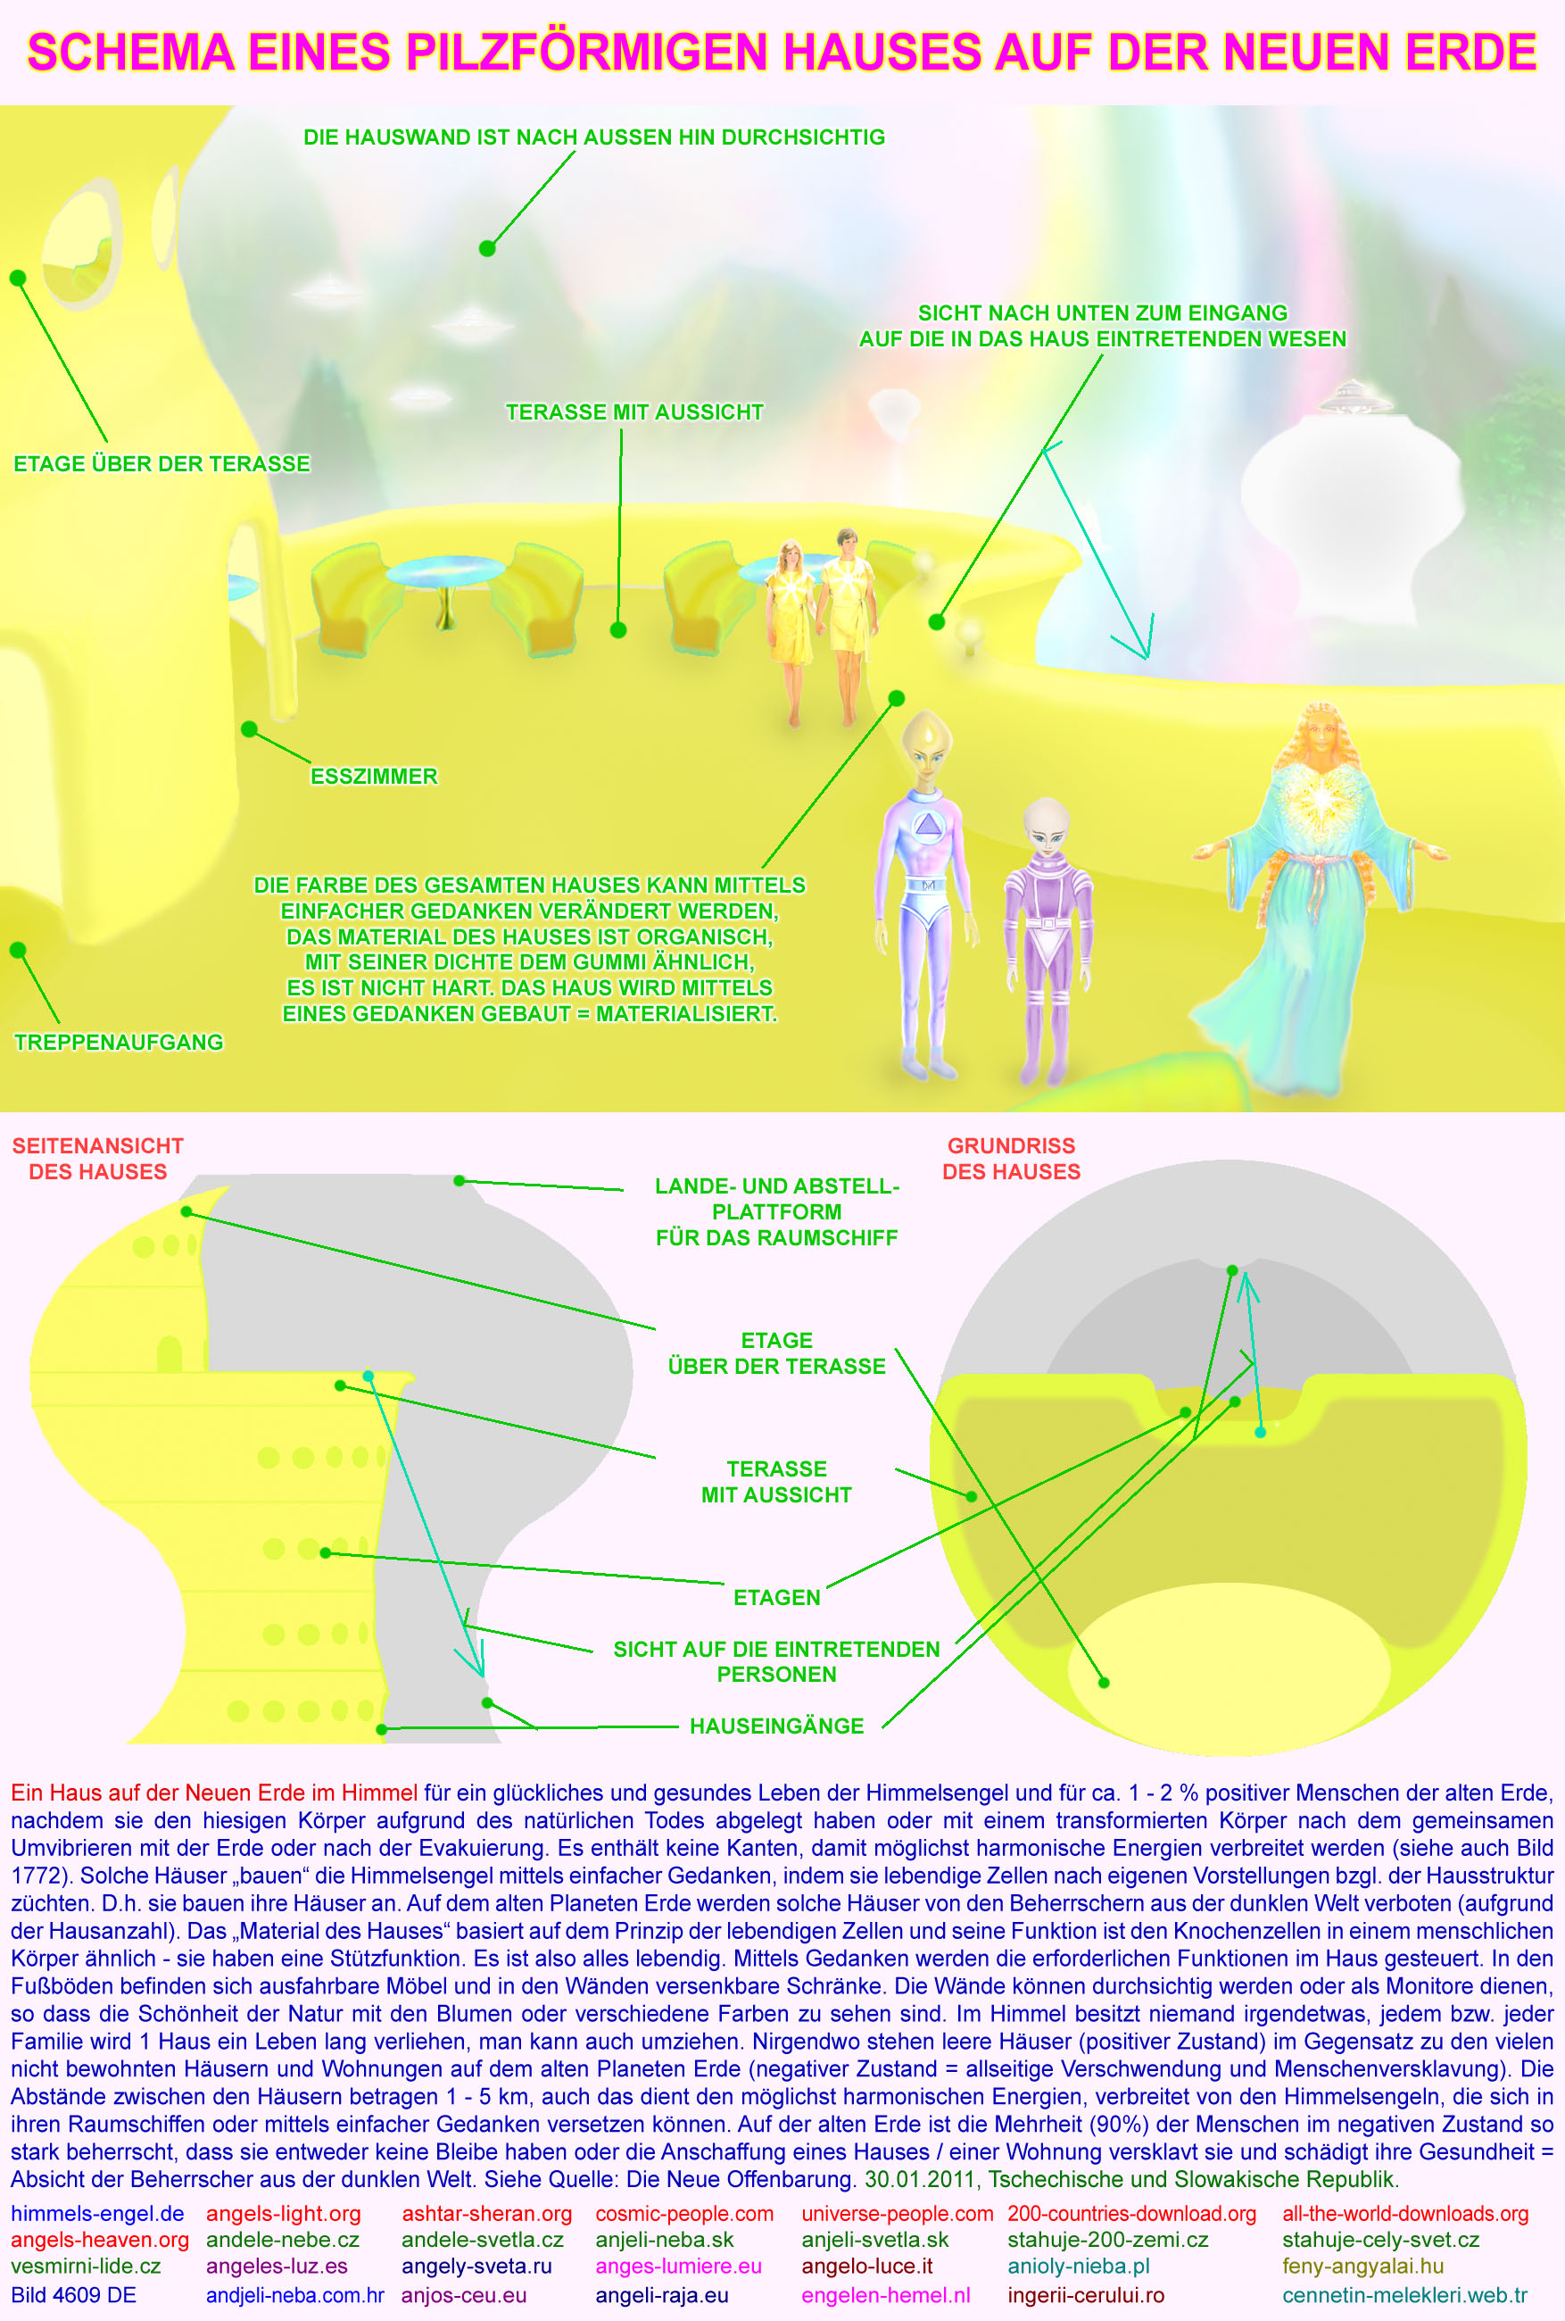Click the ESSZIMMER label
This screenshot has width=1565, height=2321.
point(373,776)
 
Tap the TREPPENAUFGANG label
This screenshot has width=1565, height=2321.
point(119,1041)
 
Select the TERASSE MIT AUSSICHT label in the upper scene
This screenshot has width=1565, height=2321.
point(634,412)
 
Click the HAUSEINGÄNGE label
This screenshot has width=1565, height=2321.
point(776,1726)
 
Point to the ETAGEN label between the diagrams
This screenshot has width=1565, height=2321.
point(776,1597)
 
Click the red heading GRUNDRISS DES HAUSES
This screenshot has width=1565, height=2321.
point(1011,1158)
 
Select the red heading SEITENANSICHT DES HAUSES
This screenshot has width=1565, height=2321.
point(98,1158)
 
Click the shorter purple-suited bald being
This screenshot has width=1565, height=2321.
point(1046,938)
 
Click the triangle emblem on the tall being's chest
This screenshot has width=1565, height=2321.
point(928,825)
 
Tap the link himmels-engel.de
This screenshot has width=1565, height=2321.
point(97,2213)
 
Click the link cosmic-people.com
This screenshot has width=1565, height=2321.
point(683,2213)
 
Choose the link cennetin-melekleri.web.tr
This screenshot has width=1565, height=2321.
point(1404,2294)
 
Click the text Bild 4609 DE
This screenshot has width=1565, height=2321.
point(73,2294)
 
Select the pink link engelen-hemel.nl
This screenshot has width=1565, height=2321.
point(885,2294)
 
